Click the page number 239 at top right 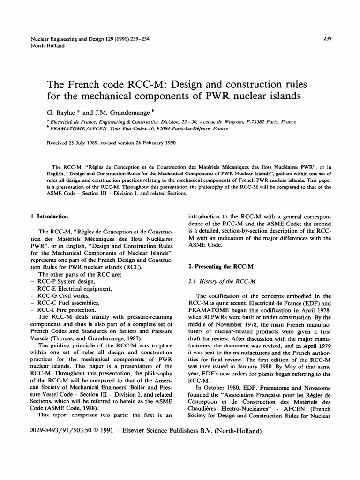click(328, 39)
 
